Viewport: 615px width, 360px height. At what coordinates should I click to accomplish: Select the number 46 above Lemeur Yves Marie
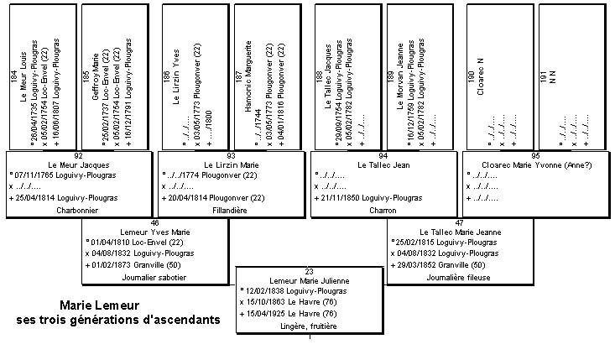point(154,222)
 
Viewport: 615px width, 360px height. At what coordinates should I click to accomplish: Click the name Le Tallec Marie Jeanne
point(459,230)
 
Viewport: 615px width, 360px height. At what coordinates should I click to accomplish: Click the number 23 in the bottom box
point(310,270)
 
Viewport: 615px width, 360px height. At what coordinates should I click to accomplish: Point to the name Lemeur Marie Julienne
point(309,279)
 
